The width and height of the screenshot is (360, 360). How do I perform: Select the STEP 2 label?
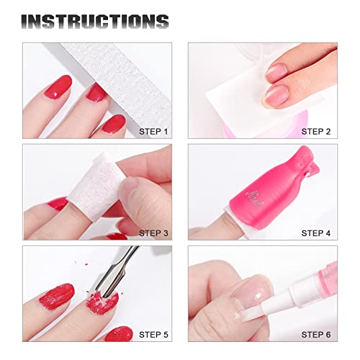[317, 131]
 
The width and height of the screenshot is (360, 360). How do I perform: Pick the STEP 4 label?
[317, 233]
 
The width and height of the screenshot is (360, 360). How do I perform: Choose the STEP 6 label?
[317, 335]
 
